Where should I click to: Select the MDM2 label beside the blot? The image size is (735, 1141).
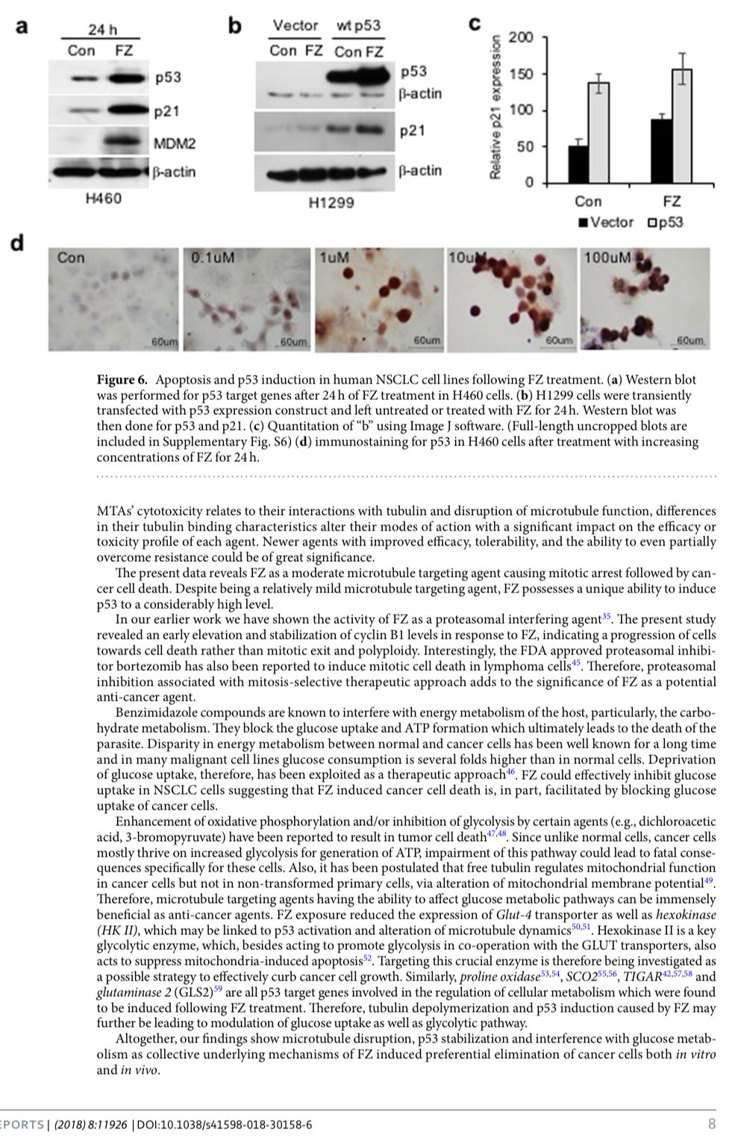point(174,143)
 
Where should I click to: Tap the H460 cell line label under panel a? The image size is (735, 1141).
point(103,198)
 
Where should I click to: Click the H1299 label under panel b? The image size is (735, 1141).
point(331,202)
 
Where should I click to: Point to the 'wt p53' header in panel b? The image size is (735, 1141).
point(358,25)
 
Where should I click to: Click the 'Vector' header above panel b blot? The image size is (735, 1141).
point(295,25)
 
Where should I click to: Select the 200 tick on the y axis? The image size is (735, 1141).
point(520,37)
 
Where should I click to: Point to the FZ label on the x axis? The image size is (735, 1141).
point(672,201)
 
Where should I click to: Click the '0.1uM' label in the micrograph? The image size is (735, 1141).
point(213,258)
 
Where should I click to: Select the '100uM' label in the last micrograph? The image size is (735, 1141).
point(607,258)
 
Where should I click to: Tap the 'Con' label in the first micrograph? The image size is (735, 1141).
point(71,258)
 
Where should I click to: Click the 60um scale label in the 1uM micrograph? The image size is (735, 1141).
point(426,341)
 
